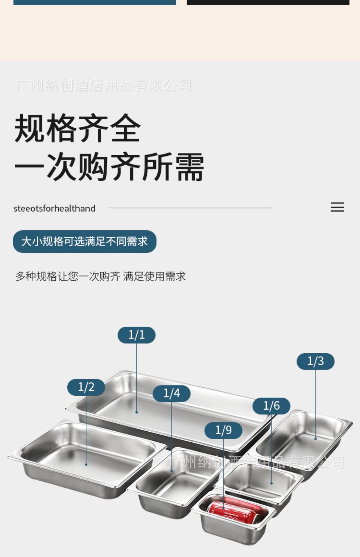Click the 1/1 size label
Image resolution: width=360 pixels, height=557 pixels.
(x=136, y=335)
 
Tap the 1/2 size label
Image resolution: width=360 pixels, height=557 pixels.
(x=86, y=387)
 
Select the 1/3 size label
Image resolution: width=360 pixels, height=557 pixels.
(x=315, y=361)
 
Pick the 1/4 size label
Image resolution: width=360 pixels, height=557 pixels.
(x=172, y=393)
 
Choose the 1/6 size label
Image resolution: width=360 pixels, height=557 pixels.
(x=271, y=406)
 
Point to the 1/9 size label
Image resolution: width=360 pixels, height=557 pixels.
(x=223, y=430)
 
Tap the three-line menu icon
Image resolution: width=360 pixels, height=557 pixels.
(x=337, y=207)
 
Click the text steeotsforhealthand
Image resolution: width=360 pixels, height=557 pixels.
(x=54, y=208)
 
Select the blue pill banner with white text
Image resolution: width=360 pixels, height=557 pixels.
(x=84, y=241)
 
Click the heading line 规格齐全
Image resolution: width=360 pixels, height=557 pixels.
(x=78, y=128)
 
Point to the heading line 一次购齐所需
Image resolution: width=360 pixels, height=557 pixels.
(x=109, y=167)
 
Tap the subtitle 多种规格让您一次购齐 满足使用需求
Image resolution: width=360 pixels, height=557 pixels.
(x=100, y=276)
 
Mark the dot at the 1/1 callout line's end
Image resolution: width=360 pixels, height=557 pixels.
(x=136, y=412)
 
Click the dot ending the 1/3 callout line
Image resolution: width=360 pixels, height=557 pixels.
(x=316, y=439)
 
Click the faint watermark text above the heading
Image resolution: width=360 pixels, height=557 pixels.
(x=103, y=85)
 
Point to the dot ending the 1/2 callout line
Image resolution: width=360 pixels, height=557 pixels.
(x=86, y=464)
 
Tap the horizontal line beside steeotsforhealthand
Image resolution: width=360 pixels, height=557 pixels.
(x=190, y=208)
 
